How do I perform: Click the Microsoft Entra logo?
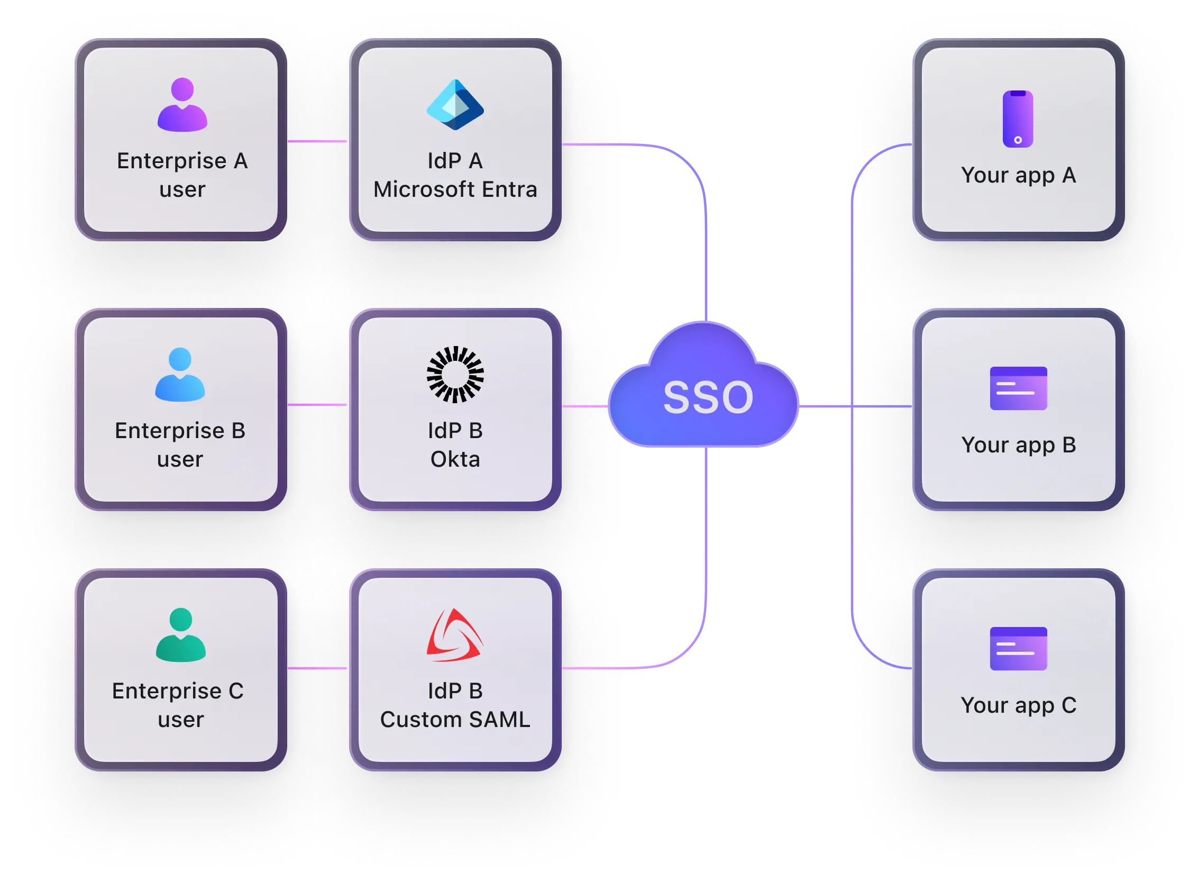pos(455,105)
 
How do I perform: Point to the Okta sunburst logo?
pos(455,375)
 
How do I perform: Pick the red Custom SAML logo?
pos(455,635)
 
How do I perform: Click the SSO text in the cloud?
pos(708,397)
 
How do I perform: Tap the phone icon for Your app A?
pos(1018,119)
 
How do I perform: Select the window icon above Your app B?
pos(1018,388)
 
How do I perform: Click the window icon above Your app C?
pos(1018,649)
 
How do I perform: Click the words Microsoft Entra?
pos(455,189)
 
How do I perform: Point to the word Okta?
pos(455,459)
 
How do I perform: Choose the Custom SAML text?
pos(455,720)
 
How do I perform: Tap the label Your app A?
pos(1018,176)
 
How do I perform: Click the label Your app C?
pos(1018,705)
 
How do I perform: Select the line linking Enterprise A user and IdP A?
pos(317,141)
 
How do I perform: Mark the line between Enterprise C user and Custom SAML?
pos(317,668)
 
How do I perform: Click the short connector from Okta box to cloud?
pos(585,406)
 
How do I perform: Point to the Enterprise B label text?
pos(180,431)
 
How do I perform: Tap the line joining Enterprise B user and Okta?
pos(317,405)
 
